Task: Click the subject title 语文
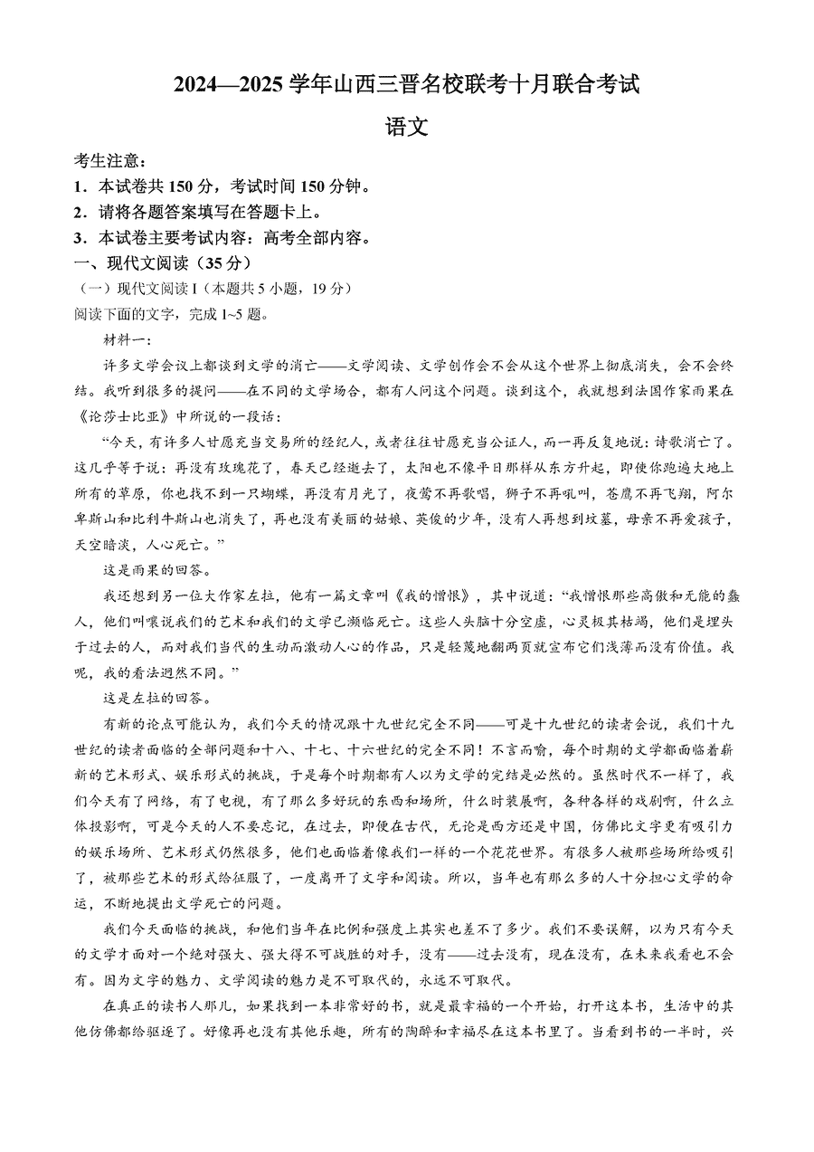tap(406, 128)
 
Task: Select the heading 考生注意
tap(108, 161)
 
